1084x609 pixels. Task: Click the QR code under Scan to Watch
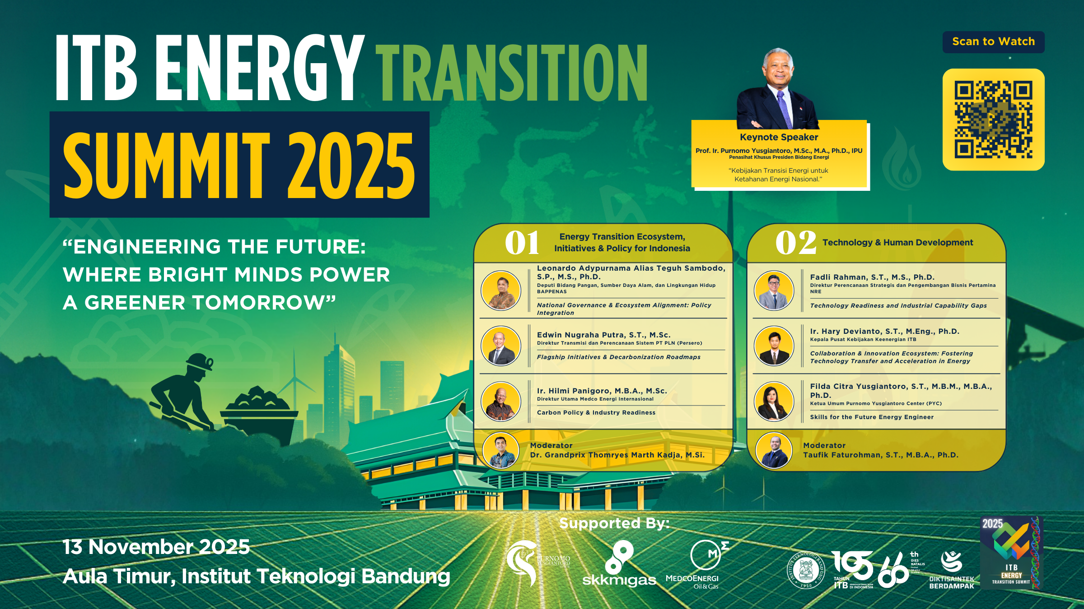tap(993, 120)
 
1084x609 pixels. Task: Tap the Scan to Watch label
tap(993, 42)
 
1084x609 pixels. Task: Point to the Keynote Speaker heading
tap(779, 137)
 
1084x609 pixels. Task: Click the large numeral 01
tap(522, 243)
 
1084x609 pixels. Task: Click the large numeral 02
tap(795, 243)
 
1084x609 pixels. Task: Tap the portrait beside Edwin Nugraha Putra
tap(500, 346)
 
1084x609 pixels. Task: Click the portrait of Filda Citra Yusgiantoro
tap(774, 401)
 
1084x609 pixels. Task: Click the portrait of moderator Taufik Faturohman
tap(774, 450)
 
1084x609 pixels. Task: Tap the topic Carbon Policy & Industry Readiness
tap(596, 412)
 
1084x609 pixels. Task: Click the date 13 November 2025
tap(156, 547)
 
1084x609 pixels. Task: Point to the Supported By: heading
tap(614, 523)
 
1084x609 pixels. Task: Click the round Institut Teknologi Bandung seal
tap(806, 569)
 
